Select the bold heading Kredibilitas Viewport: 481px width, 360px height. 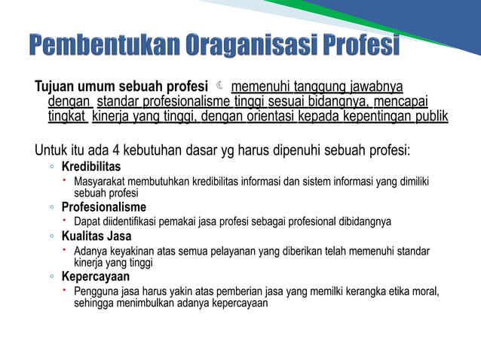(90, 166)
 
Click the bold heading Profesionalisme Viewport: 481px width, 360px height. (104, 207)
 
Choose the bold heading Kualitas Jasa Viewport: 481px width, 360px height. (97, 236)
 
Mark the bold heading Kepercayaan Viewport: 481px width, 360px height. (93, 276)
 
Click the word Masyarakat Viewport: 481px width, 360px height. (100, 181)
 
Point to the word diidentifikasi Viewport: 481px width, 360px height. (133, 221)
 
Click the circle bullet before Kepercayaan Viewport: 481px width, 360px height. (51, 277)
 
